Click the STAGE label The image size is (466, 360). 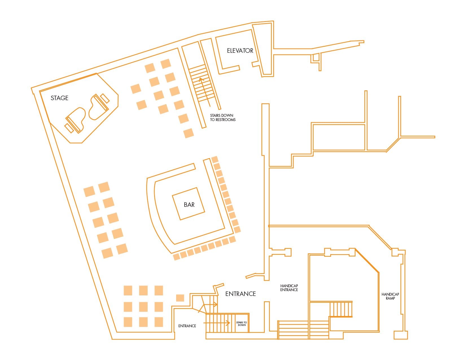point(60,98)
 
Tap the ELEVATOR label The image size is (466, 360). point(240,51)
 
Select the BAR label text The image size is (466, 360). point(189,205)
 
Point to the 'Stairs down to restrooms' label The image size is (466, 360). point(223,118)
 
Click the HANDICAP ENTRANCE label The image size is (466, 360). point(289,288)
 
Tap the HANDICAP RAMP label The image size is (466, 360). point(390,296)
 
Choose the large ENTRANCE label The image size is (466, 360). point(240,294)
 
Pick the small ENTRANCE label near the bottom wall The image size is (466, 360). point(187,326)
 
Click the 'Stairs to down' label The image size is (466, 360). point(242,324)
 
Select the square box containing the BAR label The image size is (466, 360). point(189,204)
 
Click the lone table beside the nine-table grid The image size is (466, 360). point(180,298)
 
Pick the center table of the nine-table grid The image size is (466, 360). point(143,306)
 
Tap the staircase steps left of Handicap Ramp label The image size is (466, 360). point(341,309)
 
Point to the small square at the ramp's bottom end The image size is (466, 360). point(401,335)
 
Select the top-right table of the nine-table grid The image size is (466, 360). point(159,291)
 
